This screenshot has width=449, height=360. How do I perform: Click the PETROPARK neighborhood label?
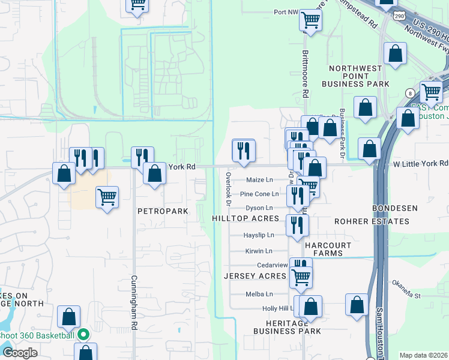pos(163,212)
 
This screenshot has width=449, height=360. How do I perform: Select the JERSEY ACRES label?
pos(255,276)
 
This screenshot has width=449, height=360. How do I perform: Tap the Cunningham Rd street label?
pos(134,300)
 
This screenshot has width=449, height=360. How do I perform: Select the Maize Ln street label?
pos(259,180)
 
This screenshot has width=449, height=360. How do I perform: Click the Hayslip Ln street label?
pos(259,235)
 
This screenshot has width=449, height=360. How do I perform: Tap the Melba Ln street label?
pos(259,294)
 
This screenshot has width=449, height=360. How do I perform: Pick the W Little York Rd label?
pos(418,163)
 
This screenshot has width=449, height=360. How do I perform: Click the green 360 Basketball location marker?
pos(83,335)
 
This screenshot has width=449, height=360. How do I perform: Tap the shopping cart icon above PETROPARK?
pos(107,195)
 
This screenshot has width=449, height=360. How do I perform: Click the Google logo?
pos(20,353)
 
